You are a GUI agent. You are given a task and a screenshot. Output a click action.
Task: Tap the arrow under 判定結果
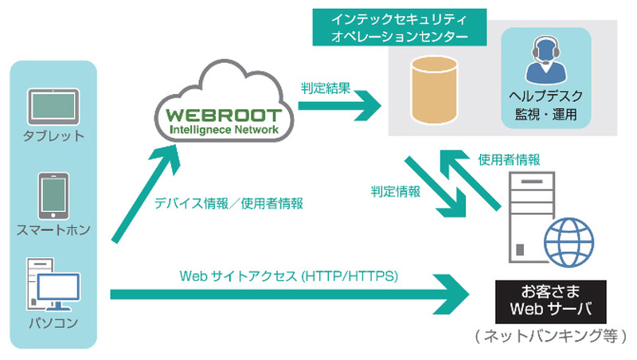tap(338, 105)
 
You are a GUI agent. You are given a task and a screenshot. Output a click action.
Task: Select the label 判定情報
tap(395, 192)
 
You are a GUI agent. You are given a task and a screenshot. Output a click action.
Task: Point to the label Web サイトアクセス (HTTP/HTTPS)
tap(288, 276)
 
